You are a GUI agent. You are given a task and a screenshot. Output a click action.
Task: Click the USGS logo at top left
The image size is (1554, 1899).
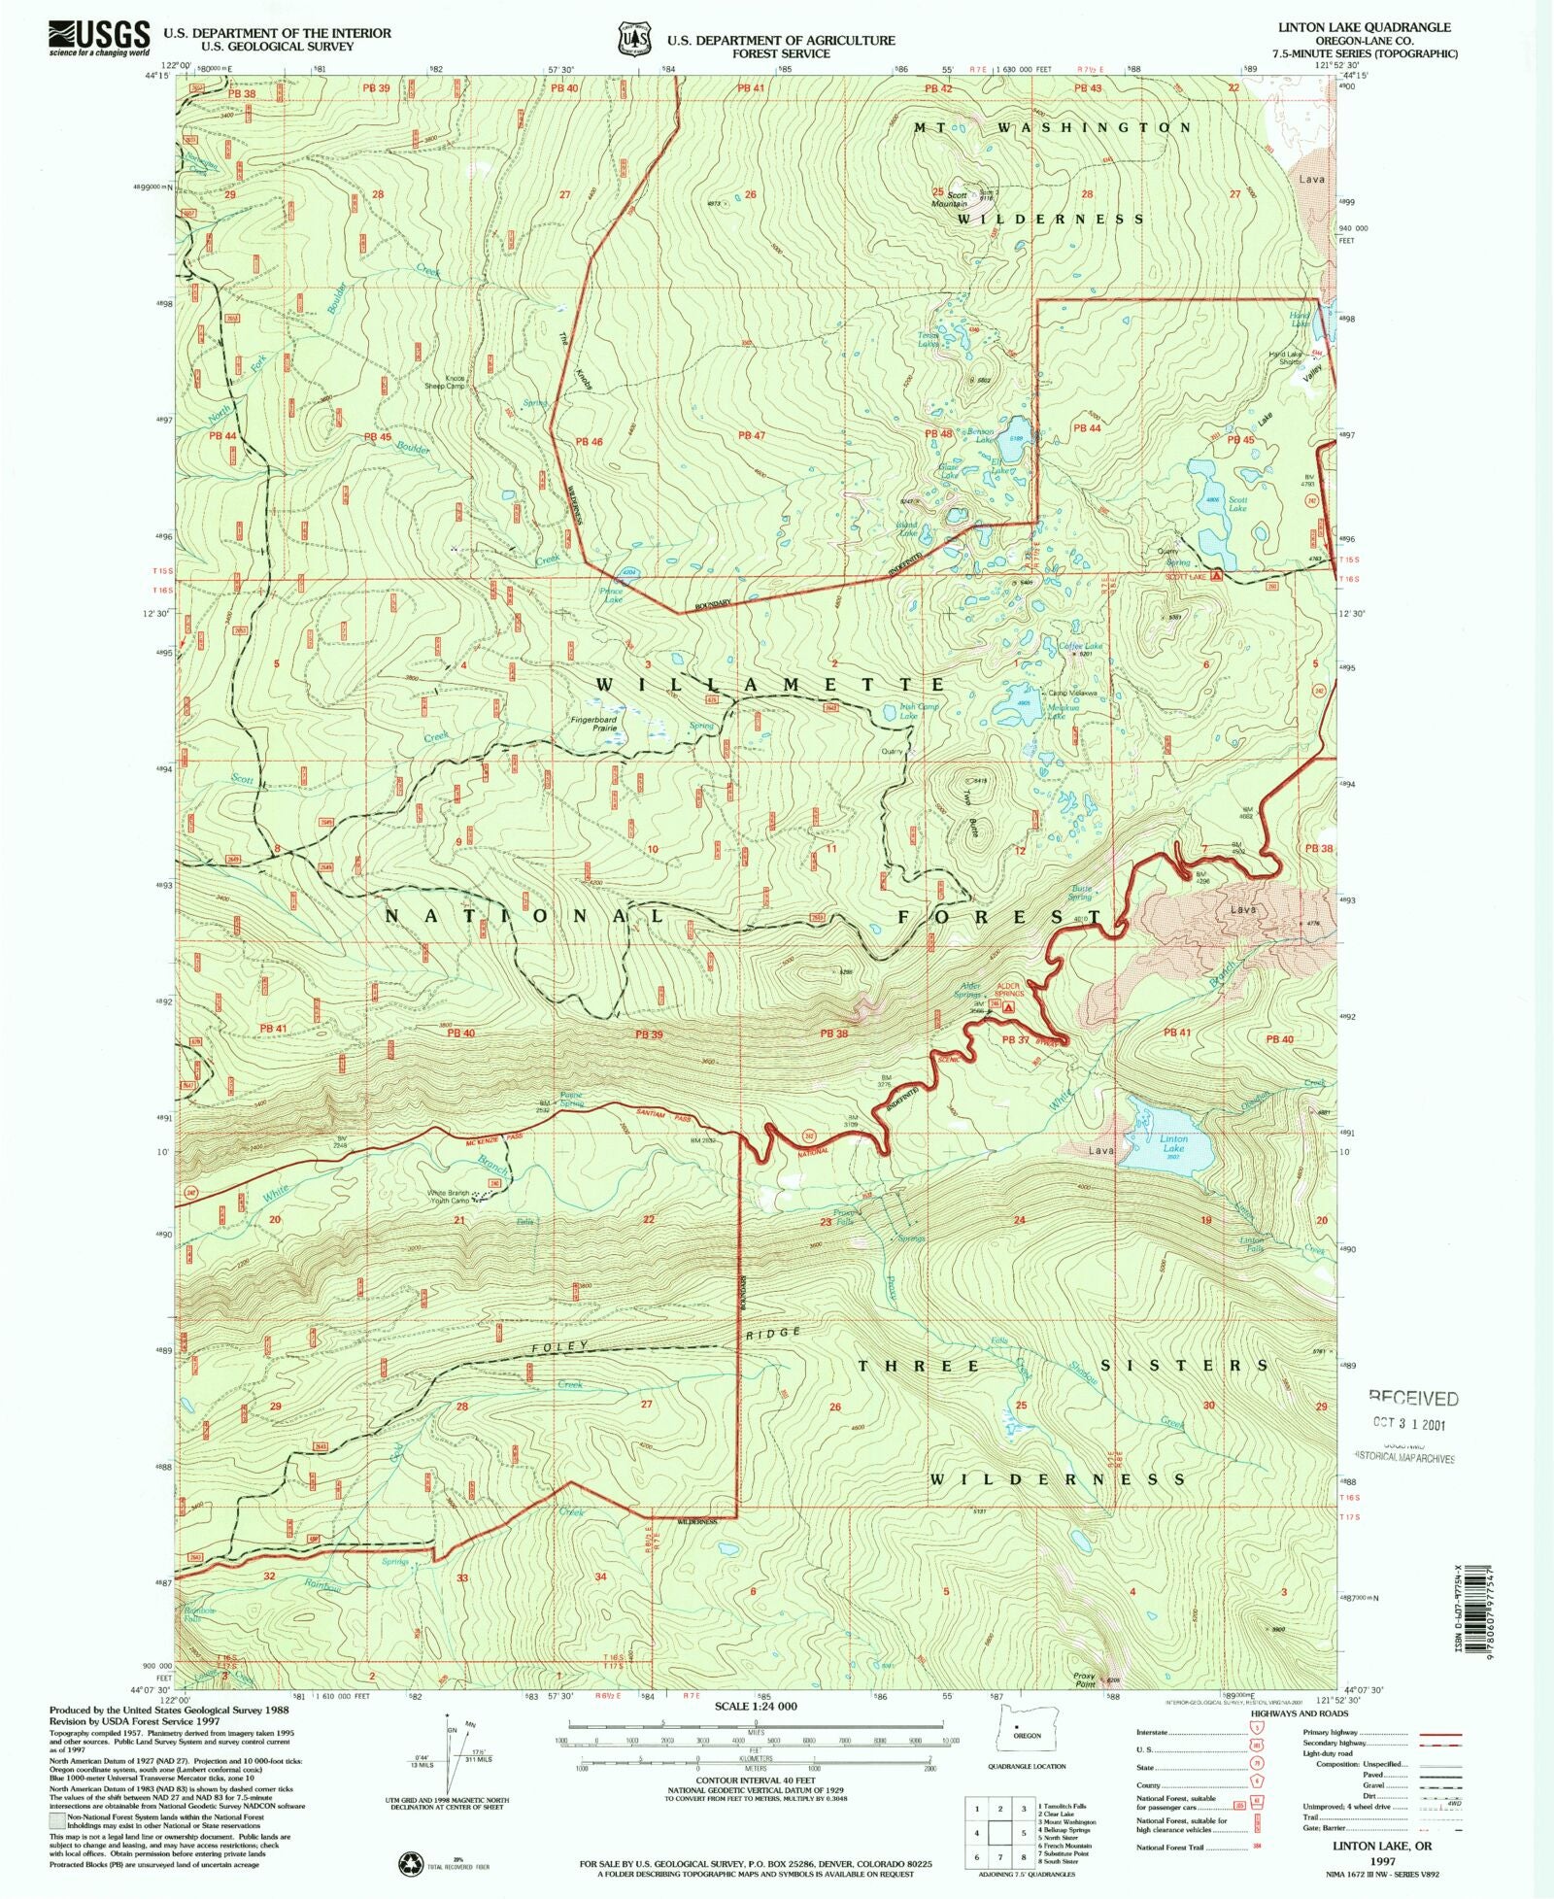[x=98, y=38]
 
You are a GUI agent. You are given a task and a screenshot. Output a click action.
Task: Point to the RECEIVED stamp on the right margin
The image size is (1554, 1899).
[x=1413, y=1399]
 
